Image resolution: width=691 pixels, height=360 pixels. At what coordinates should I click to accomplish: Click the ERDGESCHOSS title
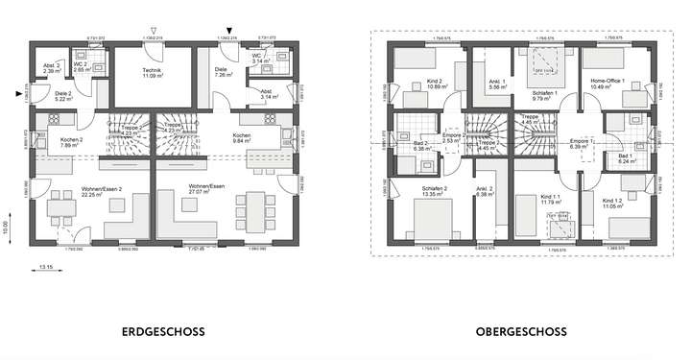(x=169, y=332)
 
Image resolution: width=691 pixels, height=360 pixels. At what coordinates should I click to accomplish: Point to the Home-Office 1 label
(x=608, y=80)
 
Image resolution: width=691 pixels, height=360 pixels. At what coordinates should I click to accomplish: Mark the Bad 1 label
(x=625, y=155)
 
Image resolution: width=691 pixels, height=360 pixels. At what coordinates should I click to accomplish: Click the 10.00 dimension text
(x=7, y=229)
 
